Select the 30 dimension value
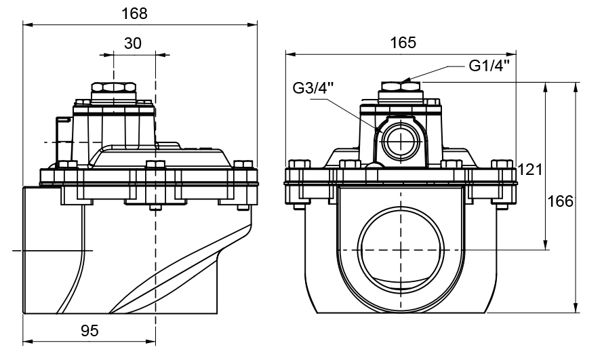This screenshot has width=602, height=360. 133,43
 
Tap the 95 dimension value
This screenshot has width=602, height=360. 89,331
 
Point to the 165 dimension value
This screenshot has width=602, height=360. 403,42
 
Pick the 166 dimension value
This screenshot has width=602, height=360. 561,201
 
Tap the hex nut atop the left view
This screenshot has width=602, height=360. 114,89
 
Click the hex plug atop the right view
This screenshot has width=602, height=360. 401,88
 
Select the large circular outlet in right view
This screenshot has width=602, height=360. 401,249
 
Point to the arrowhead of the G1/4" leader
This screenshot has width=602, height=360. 405,81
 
